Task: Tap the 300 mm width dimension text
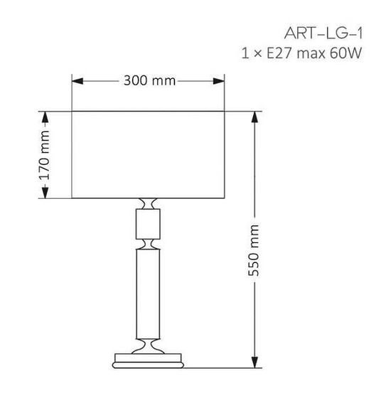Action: click(x=149, y=80)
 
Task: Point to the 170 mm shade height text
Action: click(x=44, y=155)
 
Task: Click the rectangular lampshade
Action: click(x=149, y=154)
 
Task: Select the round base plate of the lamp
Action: click(x=149, y=361)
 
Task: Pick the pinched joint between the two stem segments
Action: click(x=149, y=244)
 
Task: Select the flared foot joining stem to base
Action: click(x=149, y=346)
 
